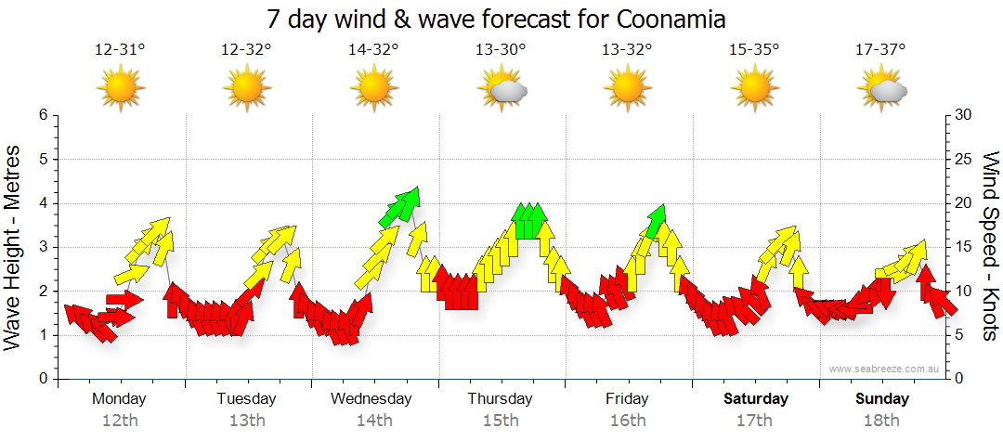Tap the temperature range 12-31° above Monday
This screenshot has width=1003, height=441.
tap(120, 50)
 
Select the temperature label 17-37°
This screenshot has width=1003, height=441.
tap(881, 50)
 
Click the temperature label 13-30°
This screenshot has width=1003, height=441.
tap(501, 50)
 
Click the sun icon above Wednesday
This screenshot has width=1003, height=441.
tap(373, 89)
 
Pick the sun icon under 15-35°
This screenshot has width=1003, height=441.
tap(754, 89)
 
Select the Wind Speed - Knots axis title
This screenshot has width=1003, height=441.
tap(990, 246)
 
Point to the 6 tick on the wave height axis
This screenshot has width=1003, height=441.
tap(42, 115)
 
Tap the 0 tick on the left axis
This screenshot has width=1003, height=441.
tap(42, 379)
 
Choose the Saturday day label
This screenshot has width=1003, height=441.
tap(756, 399)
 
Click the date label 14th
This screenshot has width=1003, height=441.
tap(373, 420)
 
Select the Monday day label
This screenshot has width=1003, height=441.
tap(119, 399)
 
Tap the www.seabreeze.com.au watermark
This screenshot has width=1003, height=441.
tap(886, 370)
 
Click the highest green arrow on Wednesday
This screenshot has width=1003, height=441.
tap(408, 200)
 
